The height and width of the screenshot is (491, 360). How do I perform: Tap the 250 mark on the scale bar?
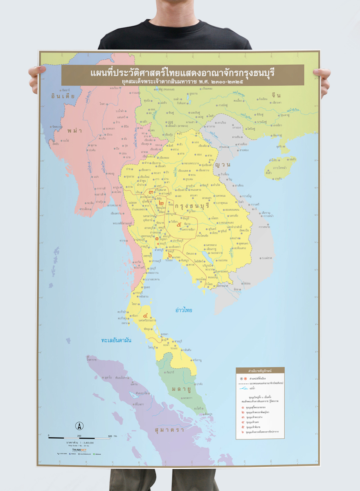(x=79, y=436)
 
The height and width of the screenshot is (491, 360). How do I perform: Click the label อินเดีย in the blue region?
(x=63, y=96)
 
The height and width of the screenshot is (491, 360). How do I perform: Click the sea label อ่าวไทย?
(x=184, y=310)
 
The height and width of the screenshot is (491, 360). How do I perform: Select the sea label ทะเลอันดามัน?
(x=116, y=340)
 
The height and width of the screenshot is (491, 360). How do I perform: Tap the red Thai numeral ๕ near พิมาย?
(x=179, y=224)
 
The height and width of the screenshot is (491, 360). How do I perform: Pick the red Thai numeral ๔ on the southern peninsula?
(x=146, y=316)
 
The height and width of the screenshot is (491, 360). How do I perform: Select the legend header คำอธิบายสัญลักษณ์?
(x=260, y=371)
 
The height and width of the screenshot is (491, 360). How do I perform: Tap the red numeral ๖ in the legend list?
(x=243, y=432)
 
